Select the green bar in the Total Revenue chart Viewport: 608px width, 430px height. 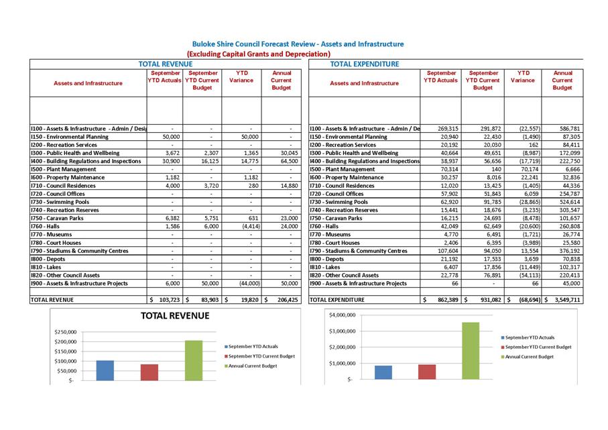194,360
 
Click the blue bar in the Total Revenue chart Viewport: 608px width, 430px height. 105,370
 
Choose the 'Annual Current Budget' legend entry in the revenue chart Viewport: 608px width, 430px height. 252,366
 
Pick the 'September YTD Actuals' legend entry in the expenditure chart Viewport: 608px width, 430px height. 530,337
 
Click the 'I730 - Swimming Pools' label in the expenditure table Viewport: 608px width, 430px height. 339,202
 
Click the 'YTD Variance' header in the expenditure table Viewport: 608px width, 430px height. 522,76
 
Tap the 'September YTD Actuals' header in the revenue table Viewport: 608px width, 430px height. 165,76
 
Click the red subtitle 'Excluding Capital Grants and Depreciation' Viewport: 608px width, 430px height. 258,54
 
